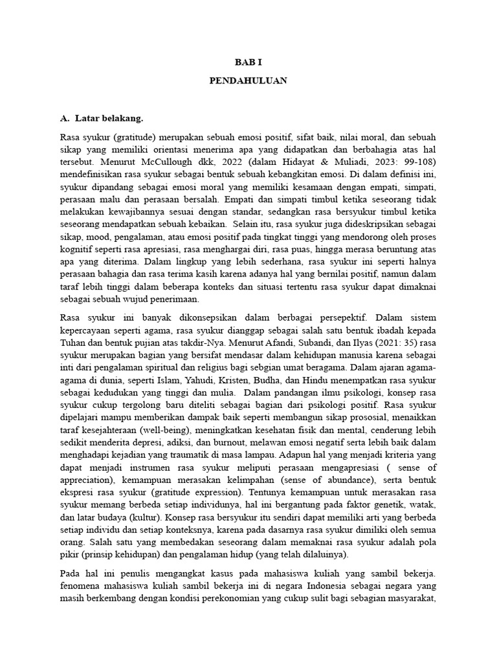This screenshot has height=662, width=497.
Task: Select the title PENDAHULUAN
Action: click(248, 81)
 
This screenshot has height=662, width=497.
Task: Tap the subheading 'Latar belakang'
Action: click(108, 119)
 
